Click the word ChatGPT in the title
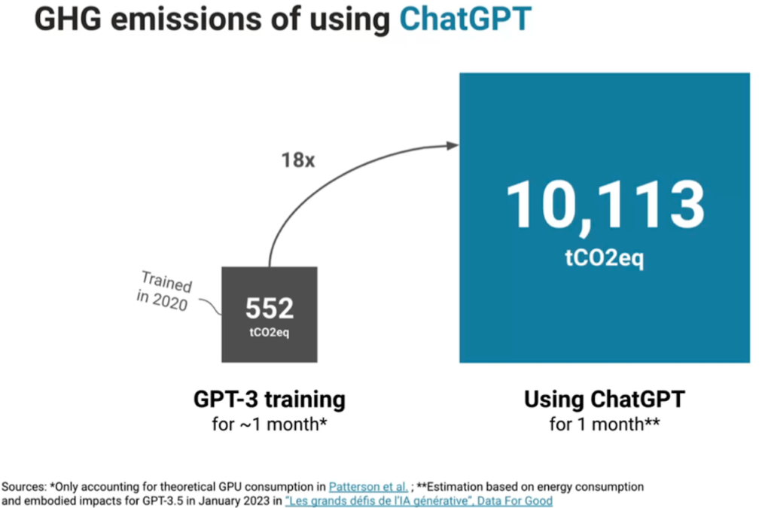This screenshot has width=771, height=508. [465, 19]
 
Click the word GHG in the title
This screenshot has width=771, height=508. [68, 19]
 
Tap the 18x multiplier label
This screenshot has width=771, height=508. [298, 160]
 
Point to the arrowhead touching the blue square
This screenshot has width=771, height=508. [453, 145]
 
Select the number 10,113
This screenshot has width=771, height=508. [605, 205]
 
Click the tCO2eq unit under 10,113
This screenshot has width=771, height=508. [605, 257]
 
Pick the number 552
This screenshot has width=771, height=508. [270, 308]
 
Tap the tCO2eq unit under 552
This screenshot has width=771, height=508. [270, 333]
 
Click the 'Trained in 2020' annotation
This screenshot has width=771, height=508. [165, 291]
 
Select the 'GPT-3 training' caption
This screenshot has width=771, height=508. [270, 399]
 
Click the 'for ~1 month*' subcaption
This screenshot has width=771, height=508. [270, 424]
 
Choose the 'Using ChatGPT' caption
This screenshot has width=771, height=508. [605, 399]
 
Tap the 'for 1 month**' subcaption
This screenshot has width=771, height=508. [605, 424]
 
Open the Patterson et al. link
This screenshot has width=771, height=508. [368, 487]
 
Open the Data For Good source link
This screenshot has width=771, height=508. [419, 500]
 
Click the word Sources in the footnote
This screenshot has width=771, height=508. [23, 487]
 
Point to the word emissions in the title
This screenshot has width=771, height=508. [206, 19]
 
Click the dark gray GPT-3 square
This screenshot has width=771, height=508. [270, 315]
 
